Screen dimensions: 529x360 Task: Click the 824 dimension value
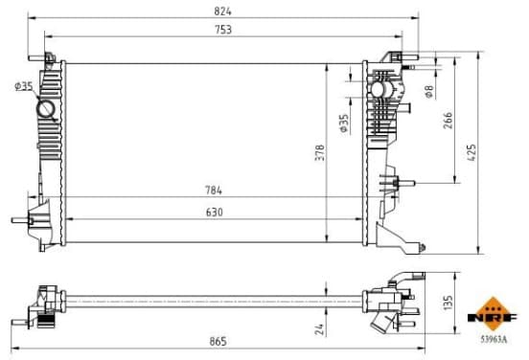[222, 11]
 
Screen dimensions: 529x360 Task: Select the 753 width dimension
[223, 30]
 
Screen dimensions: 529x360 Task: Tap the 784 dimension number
[214, 191]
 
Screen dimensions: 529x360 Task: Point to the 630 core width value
[215, 212]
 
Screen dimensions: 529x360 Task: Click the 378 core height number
[320, 152]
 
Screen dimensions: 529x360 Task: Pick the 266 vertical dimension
[448, 121]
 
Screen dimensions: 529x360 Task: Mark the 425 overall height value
[471, 152]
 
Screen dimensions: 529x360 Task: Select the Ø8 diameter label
[429, 91]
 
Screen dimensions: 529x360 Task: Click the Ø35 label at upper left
[24, 86]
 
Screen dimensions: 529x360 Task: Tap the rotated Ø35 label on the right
[344, 124]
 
